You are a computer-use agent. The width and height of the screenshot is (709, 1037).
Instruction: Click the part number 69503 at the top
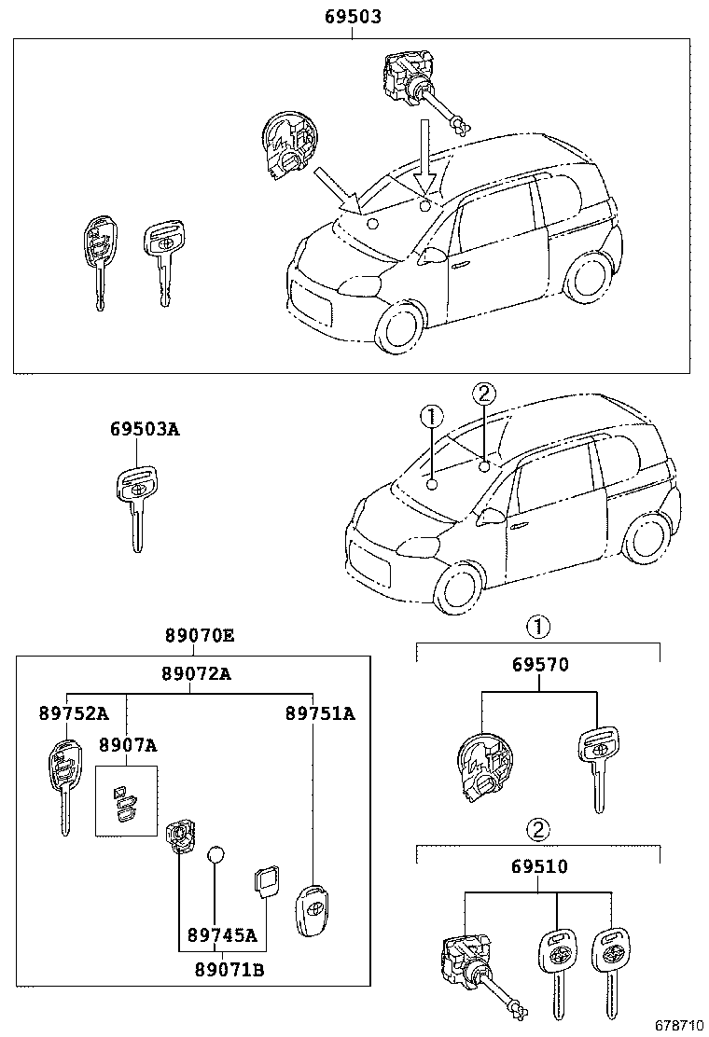click(x=353, y=17)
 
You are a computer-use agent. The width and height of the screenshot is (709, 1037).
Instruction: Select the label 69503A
click(x=145, y=429)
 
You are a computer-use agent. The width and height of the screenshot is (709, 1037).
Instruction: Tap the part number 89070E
click(x=200, y=636)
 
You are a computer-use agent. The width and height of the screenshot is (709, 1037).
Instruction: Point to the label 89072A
click(x=197, y=673)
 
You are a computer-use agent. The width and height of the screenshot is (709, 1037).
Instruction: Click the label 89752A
click(x=74, y=712)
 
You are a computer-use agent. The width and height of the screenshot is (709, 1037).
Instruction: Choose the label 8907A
click(x=129, y=745)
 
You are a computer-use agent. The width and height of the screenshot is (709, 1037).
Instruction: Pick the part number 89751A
click(x=320, y=712)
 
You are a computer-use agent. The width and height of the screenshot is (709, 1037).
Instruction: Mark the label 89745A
click(x=222, y=934)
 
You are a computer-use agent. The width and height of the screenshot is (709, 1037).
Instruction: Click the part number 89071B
click(x=229, y=970)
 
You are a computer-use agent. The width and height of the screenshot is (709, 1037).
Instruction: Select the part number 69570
click(x=540, y=664)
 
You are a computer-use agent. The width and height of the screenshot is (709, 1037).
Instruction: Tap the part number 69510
click(x=539, y=865)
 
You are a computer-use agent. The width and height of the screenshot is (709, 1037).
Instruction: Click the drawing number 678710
click(x=679, y=1025)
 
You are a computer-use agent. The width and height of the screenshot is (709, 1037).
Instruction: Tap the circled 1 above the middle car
click(x=431, y=416)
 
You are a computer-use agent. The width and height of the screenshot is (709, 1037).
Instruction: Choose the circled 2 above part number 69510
click(x=538, y=829)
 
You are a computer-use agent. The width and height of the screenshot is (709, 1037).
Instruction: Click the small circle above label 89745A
click(x=215, y=854)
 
